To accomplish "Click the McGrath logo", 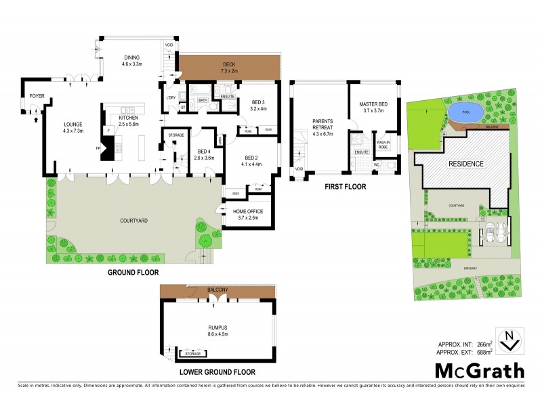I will pos(479,370).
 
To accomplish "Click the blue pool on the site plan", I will pos(465,112).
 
